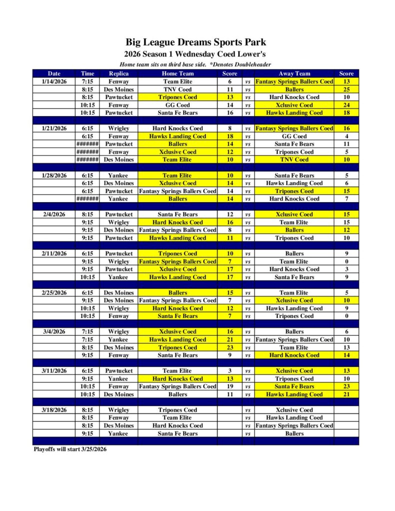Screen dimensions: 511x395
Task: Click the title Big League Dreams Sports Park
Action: tap(195, 42)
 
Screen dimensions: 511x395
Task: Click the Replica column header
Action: tap(119, 73)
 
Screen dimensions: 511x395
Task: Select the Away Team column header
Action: tap(294, 73)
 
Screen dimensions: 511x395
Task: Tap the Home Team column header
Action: tap(177, 73)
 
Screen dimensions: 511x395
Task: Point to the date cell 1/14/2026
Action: tap(54, 81)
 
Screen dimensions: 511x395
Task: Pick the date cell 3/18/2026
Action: tap(54, 410)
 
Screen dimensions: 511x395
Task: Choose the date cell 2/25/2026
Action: tap(54, 292)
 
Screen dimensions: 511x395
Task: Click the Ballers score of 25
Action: tap(346, 89)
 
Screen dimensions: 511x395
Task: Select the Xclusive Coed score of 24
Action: tap(346, 105)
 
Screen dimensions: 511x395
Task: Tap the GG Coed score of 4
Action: tap(346, 136)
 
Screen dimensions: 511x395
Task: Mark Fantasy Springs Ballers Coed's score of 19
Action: tap(230, 386)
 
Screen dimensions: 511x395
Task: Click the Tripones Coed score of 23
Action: tap(230, 347)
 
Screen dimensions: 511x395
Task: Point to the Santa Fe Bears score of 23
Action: tap(346, 386)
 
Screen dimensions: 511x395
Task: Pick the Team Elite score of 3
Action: tap(230, 371)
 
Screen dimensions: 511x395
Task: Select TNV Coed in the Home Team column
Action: tap(177, 89)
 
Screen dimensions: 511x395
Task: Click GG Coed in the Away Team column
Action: tap(294, 136)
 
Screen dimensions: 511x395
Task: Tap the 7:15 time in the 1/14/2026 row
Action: tap(87, 81)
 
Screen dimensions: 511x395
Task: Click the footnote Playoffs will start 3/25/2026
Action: tap(70, 449)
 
